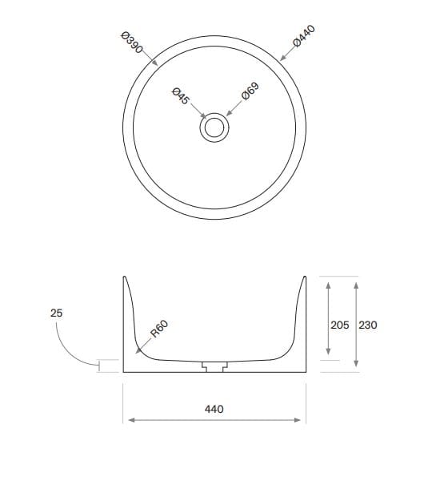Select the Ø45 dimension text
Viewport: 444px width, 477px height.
180,96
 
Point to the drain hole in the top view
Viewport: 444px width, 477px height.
214,128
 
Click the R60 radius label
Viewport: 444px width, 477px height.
159,330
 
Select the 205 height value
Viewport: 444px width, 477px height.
339,325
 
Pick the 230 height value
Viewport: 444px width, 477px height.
367,325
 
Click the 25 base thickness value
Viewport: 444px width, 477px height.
56,313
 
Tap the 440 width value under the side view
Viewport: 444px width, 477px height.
214,409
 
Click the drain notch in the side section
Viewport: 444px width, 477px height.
214,366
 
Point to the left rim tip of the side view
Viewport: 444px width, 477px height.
125,277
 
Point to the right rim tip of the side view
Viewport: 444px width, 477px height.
304,277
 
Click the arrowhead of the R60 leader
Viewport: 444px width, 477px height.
137,350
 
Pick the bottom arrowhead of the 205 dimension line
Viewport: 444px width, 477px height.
327,357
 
